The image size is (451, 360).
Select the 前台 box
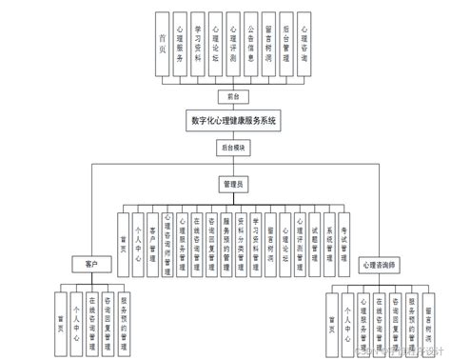226,95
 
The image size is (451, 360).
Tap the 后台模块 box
225,148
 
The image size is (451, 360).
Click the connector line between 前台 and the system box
226,106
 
